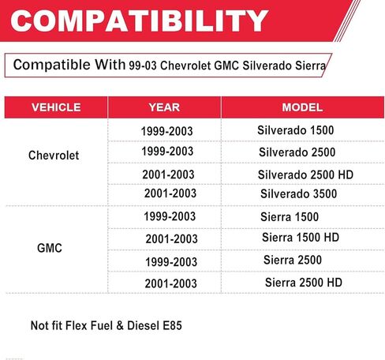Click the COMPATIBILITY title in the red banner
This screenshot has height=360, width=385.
(139, 21)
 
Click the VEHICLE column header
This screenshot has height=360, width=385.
(56, 107)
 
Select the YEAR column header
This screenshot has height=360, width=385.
(164, 107)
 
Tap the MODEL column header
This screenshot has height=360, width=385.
(302, 107)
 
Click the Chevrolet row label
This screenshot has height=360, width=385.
(54, 156)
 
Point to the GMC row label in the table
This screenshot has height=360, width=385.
(50, 248)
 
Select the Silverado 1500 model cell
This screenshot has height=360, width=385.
(296, 130)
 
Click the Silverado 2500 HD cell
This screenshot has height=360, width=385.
(305, 174)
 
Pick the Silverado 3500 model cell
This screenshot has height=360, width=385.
(299, 194)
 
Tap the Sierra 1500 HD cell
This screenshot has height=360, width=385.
(301, 238)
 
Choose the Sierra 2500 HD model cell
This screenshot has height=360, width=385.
(304, 283)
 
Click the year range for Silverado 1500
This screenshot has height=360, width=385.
(167, 131)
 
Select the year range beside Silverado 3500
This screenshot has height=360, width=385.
(170, 193)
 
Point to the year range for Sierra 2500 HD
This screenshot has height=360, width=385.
(171, 283)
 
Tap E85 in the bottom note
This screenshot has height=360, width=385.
(172, 326)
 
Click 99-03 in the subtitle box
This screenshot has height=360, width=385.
(143, 66)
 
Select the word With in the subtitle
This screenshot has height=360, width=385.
(110, 65)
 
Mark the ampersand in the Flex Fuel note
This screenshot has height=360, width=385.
(120, 326)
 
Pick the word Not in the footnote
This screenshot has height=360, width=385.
(39, 326)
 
